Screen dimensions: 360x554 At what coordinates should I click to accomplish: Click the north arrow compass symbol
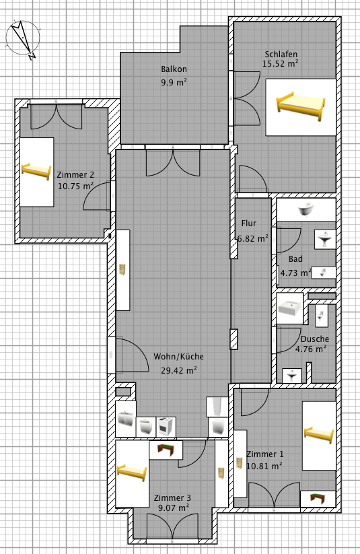tap(22, 38)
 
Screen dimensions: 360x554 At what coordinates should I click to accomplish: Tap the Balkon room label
tap(174, 69)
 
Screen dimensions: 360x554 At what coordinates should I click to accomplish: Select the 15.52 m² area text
tap(281, 63)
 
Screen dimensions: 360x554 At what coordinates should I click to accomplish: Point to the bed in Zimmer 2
tap(36, 172)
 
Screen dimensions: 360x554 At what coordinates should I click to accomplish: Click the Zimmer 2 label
tap(75, 174)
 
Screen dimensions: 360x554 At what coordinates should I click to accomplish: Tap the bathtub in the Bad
tap(307, 210)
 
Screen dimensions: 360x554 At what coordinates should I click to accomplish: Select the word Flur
tap(249, 223)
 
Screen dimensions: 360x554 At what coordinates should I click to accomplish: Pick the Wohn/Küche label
tap(178, 357)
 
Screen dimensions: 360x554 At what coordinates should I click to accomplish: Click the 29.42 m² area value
tap(179, 370)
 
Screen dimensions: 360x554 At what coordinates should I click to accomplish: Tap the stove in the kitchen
tap(166, 427)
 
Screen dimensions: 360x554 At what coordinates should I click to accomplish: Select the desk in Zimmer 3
tap(166, 450)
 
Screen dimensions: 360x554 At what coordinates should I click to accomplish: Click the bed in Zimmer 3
tap(132, 473)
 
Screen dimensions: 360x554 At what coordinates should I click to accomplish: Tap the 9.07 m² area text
tap(174, 508)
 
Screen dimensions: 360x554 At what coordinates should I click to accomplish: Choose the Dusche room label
tap(315, 339)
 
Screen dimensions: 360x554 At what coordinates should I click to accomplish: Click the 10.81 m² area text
tap(264, 466)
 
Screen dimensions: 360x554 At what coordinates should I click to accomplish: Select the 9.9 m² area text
tap(174, 83)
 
